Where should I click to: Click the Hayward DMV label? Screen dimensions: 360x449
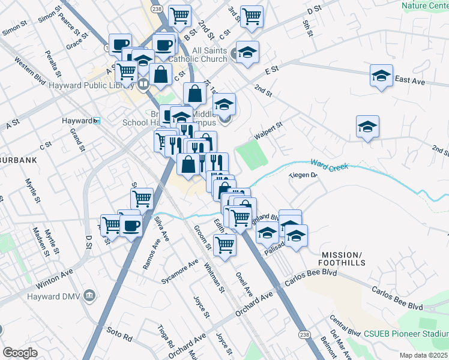tap(56, 296)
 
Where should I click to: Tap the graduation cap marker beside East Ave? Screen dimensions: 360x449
tap(381, 76)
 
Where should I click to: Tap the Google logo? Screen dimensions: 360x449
tap(20, 353)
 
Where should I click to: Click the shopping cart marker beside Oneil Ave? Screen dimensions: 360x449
tap(224, 245)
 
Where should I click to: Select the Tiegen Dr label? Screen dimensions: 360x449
tap(303, 176)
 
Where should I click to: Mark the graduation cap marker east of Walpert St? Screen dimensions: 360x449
tap(367, 127)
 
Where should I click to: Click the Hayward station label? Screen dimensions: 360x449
tap(76, 121)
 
